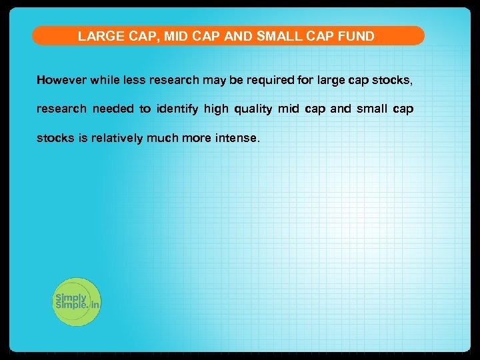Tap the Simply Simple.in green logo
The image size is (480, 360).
click(x=77, y=301)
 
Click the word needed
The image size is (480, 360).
click(x=113, y=109)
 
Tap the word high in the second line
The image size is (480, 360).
click(x=216, y=109)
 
